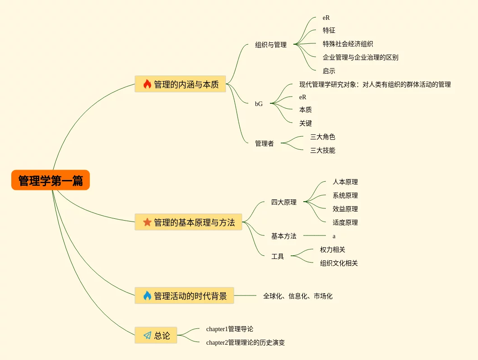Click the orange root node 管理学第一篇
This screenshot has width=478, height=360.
point(51,180)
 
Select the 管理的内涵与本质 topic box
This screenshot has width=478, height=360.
point(180,84)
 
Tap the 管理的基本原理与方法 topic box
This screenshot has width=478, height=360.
point(188,222)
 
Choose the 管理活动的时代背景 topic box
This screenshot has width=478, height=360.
point(184,295)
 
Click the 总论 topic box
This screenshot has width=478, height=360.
point(156,335)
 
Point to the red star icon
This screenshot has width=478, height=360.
point(147,222)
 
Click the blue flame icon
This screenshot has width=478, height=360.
point(147,295)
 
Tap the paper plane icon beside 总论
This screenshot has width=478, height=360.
point(147,335)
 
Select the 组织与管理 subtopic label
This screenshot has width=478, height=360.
point(271,45)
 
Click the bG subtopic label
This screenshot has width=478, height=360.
point(259,104)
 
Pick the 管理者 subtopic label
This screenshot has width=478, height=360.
point(265,143)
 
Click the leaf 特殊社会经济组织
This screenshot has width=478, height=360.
point(348,44)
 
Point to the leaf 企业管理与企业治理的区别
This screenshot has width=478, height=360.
point(360,57)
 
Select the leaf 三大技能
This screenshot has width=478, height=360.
point(323,150)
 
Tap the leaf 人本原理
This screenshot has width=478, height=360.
point(345,182)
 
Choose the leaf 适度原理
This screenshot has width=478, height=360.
point(345,222)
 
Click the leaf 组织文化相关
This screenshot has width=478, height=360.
point(339,263)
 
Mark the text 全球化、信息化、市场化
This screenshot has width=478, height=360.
point(298,296)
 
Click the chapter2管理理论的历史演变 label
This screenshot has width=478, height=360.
point(246,342)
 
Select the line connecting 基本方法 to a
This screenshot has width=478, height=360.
point(315,235)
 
